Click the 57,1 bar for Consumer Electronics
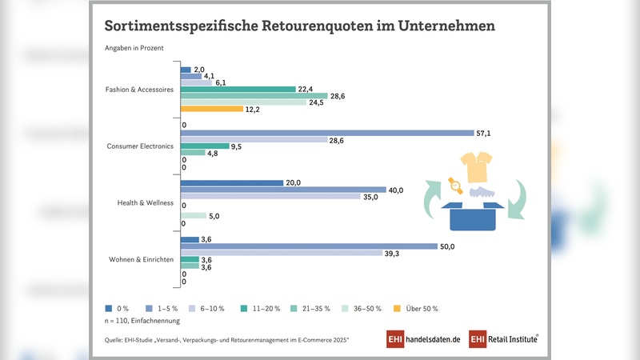tap(328, 133)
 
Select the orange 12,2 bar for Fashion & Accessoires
tap(212, 109)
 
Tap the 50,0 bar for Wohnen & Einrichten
tap(309, 246)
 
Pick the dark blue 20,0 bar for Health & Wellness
tap(233, 182)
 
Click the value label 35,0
tap(370, 196)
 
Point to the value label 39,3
tap(393, 254)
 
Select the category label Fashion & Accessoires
tap(140, 90)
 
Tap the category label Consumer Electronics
tap(140, 146)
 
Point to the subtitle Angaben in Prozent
tap(134, 48)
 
